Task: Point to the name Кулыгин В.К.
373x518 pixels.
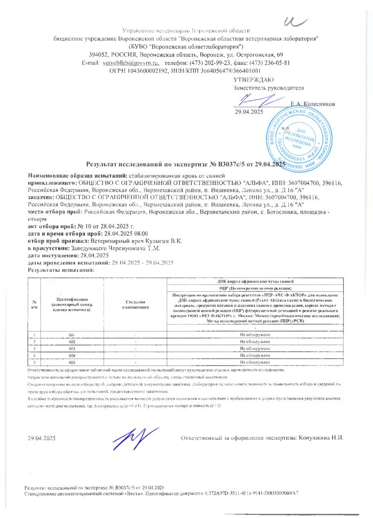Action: (x=172, y=241)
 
